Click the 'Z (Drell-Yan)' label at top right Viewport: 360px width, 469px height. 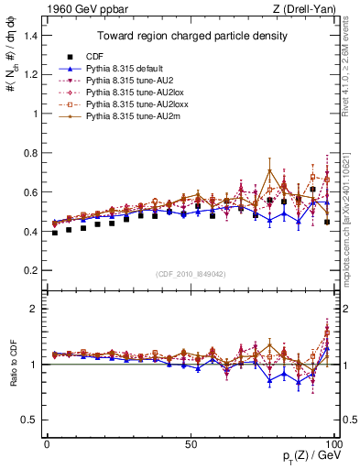click(308, 8)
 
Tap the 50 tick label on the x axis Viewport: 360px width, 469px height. click(191, 443)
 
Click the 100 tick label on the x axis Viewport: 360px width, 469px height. click(334, 443)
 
